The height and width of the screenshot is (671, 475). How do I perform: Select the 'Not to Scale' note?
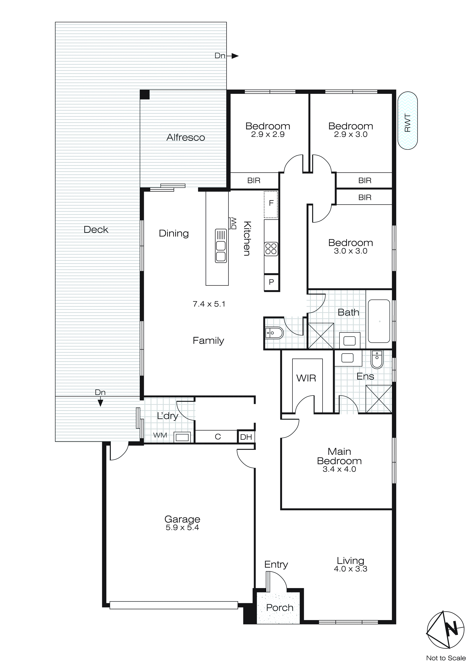pos(446,658)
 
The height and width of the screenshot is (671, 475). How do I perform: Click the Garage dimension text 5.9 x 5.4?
pos(182,528)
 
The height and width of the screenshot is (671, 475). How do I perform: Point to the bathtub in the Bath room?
pos(379,321)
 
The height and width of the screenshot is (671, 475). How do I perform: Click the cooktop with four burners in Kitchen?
pos(271,249)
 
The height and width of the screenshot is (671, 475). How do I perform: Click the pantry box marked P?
pos(271,282)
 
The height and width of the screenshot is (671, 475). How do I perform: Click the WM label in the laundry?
pos(160,435)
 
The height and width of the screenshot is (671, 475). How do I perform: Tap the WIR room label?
pos(306,378)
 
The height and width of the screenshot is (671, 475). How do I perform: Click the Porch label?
pos(279,608)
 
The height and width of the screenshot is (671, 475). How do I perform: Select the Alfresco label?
pos(185,137)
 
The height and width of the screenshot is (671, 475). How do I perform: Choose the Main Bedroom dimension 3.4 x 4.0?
pos(339,469)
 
